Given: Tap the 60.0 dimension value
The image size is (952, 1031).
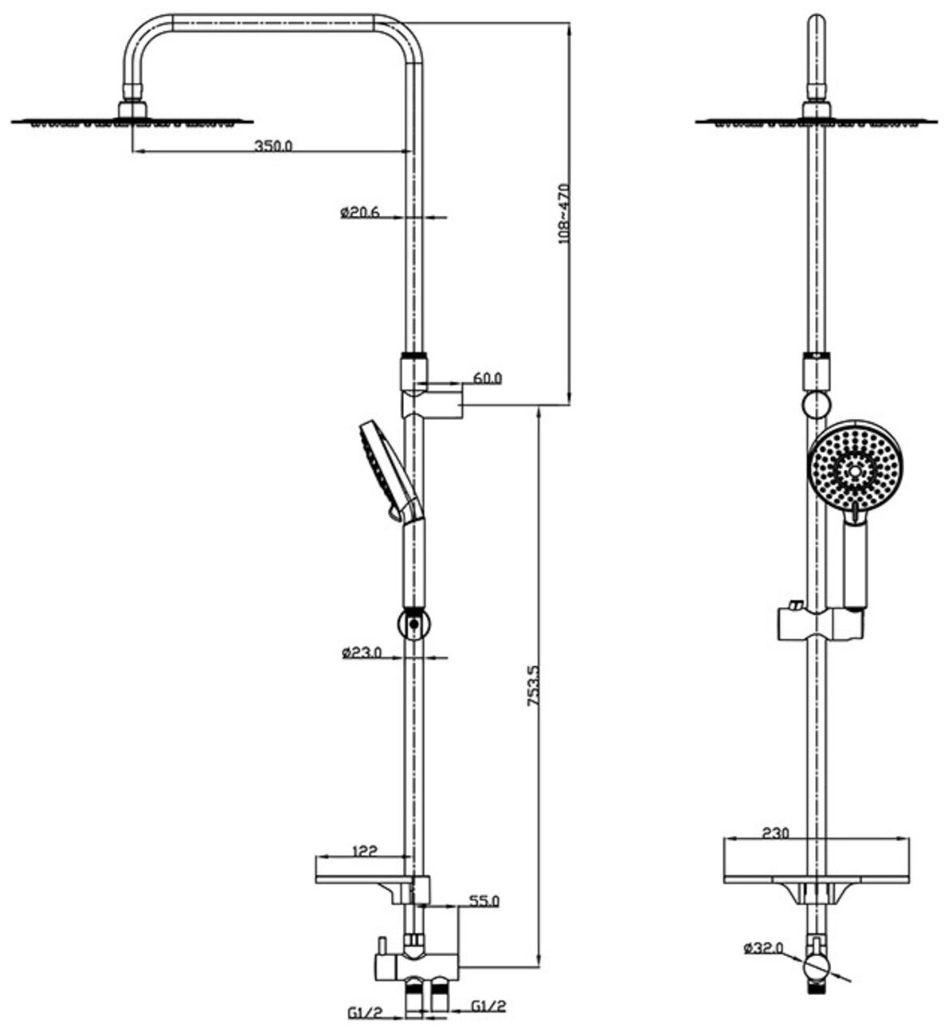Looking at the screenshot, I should (x=486, y=379).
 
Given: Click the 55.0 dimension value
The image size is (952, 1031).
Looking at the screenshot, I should (x=484, y=901).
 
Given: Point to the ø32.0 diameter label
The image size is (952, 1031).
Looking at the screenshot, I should (x=763, y=948).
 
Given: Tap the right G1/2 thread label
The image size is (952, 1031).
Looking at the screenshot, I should (x=488, y=1007).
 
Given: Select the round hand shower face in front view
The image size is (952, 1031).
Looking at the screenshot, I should (x=853, y=470).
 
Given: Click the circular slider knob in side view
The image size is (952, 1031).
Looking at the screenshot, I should (x=413, y=623).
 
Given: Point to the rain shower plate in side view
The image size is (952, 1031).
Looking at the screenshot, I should (x=132, y=122).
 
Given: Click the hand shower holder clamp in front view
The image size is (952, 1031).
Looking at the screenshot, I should (x=817, y=622).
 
